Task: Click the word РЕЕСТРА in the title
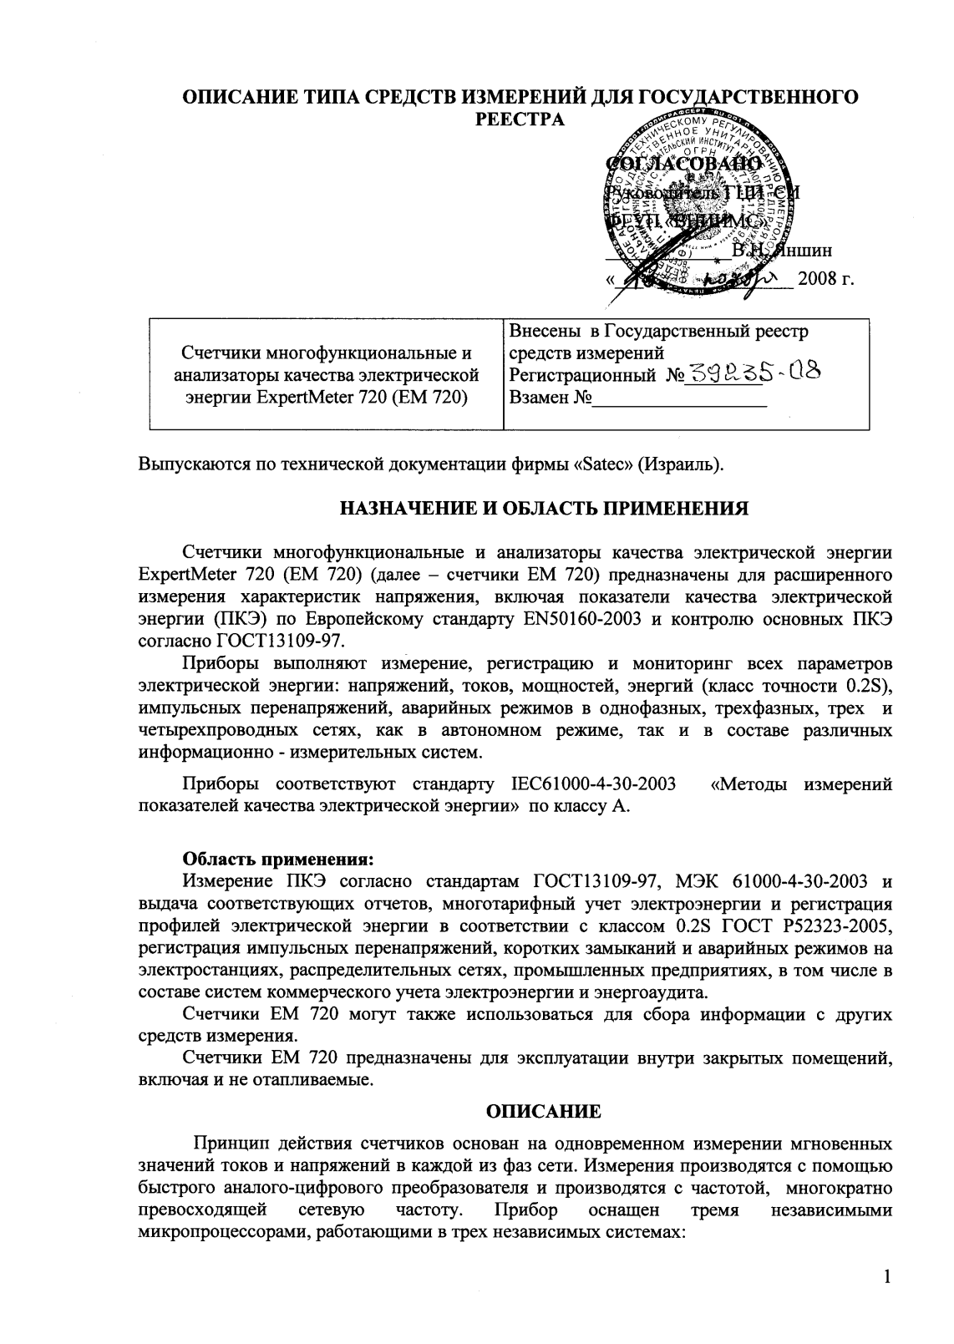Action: pos(520,119)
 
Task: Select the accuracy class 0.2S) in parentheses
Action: pos(870,687)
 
